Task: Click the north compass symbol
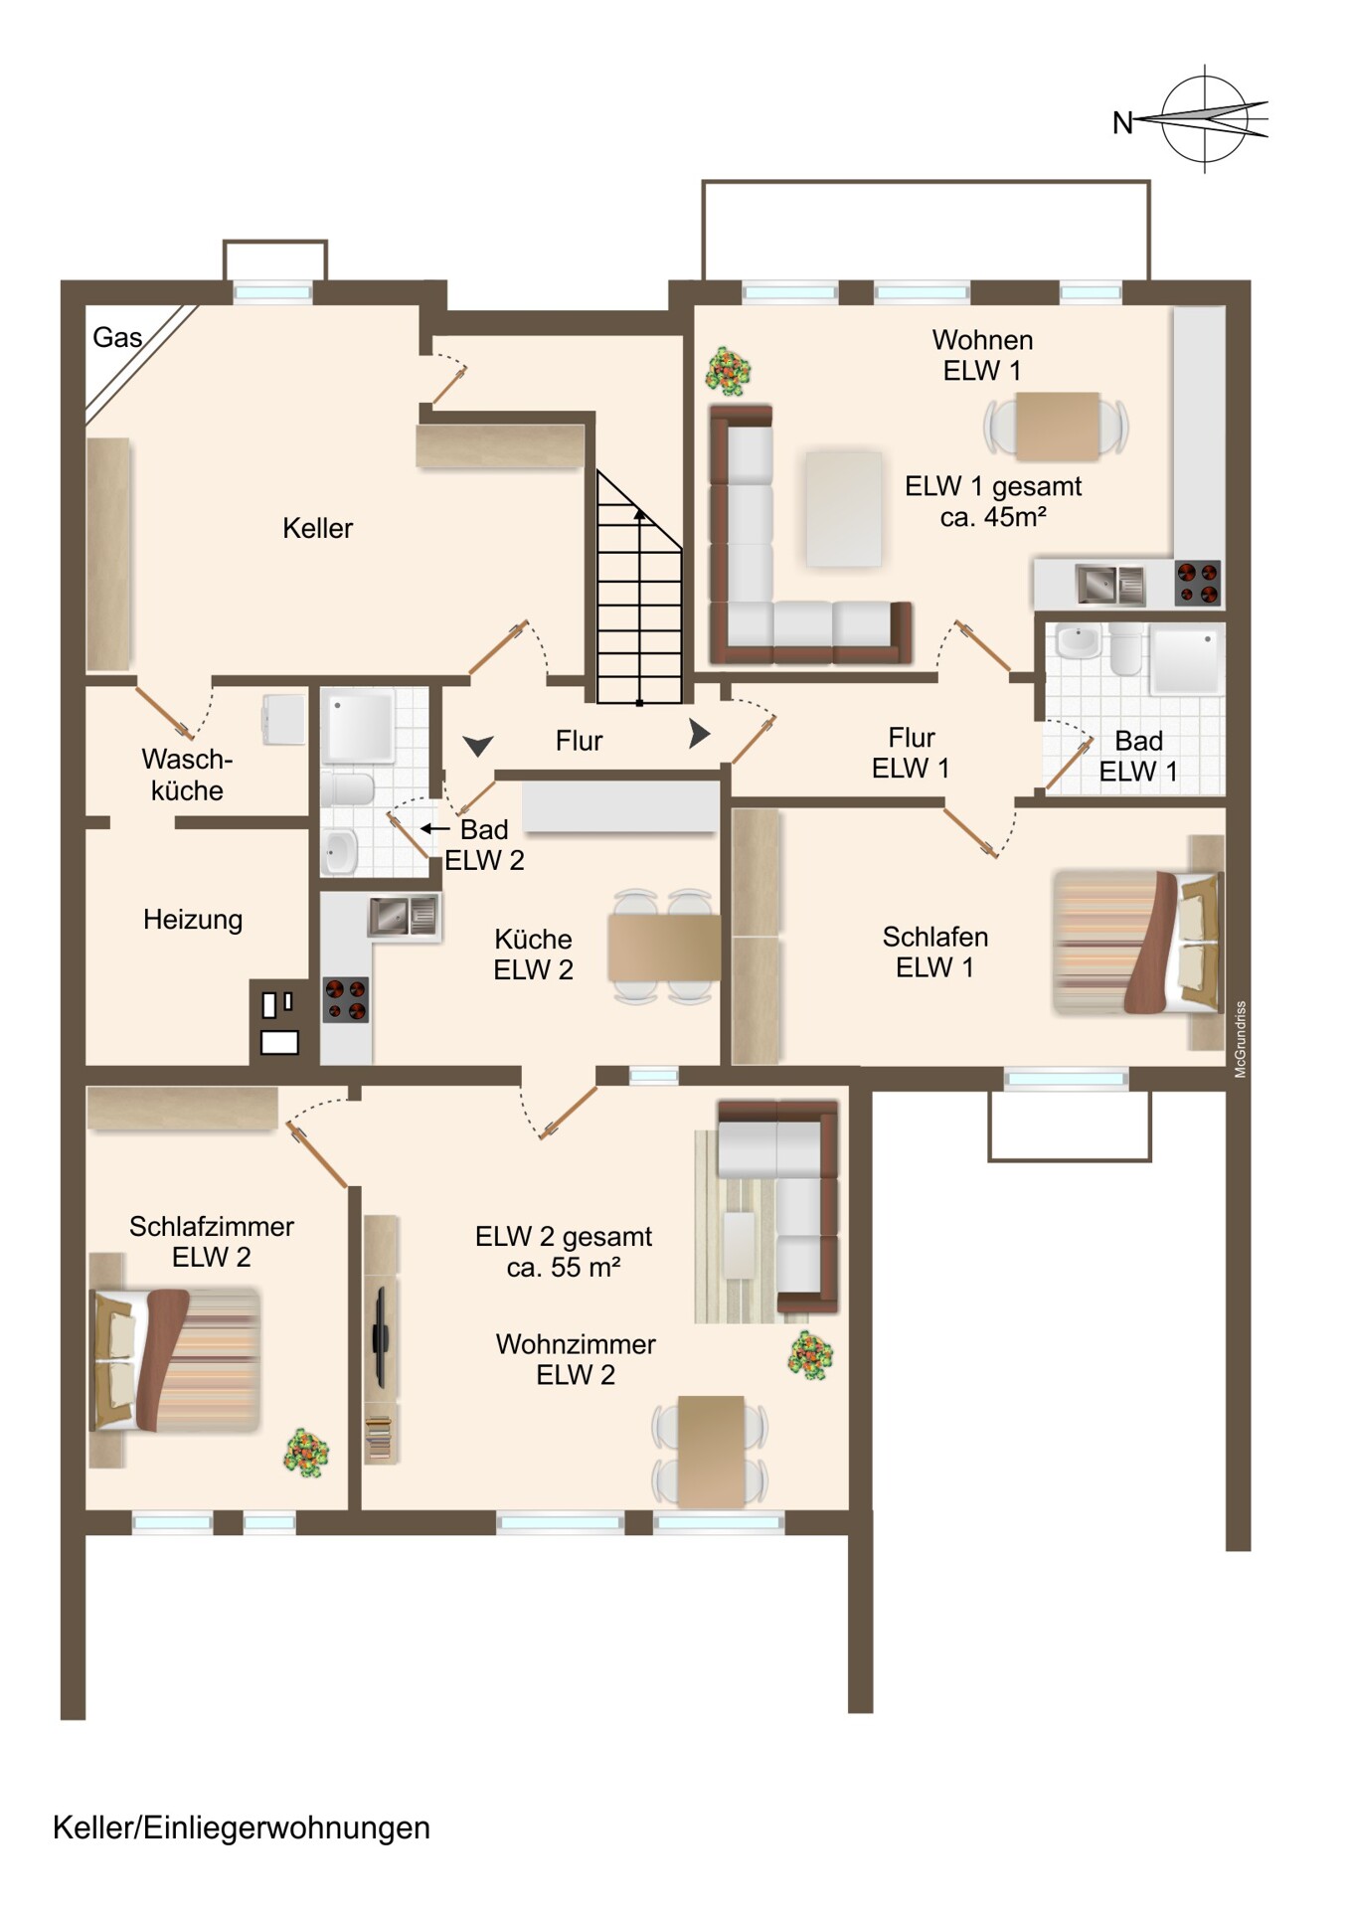coord(1204,119)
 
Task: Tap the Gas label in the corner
coord(117,338)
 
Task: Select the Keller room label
coord(317,528)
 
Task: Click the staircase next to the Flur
coord(639,588)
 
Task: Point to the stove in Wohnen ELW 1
coord(1197,583)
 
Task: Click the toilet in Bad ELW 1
coord(1126,649)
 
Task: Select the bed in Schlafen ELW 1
coord(1137,942)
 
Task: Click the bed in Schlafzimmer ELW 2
coord(175,1360)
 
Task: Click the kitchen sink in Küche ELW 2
coord(404,916)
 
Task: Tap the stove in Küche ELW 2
coord(345,1000)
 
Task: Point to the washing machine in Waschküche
coord(282,719)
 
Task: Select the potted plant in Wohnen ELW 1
coord(728,371)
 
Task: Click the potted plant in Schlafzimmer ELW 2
coord(306,1453)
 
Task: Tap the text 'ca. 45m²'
coord(993,517)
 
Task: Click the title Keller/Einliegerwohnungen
coord(242,1828)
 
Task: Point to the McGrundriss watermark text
coord(1240,1039)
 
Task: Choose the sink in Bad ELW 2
coord(340,851)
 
